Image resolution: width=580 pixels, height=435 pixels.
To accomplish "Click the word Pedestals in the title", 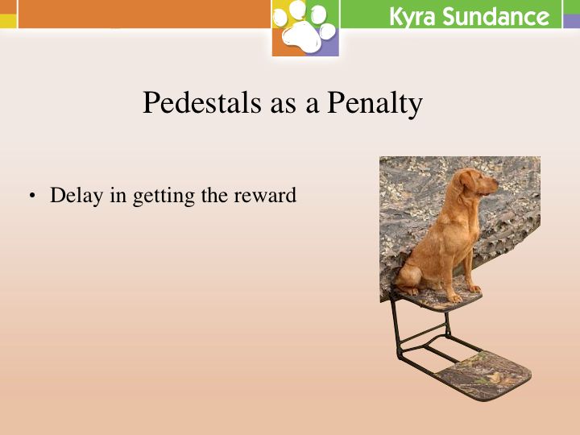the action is (202, 102).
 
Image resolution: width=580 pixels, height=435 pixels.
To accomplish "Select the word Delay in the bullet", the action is (77, 196).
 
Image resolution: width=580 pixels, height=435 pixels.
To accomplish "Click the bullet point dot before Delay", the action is (32, 196).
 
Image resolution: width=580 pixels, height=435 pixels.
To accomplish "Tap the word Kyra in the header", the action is (412, 18).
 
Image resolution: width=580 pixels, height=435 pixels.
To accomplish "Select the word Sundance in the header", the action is (495, 17).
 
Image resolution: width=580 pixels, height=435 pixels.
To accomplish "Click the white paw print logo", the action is (304, 27).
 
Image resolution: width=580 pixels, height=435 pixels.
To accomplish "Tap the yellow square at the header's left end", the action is (8, 20).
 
